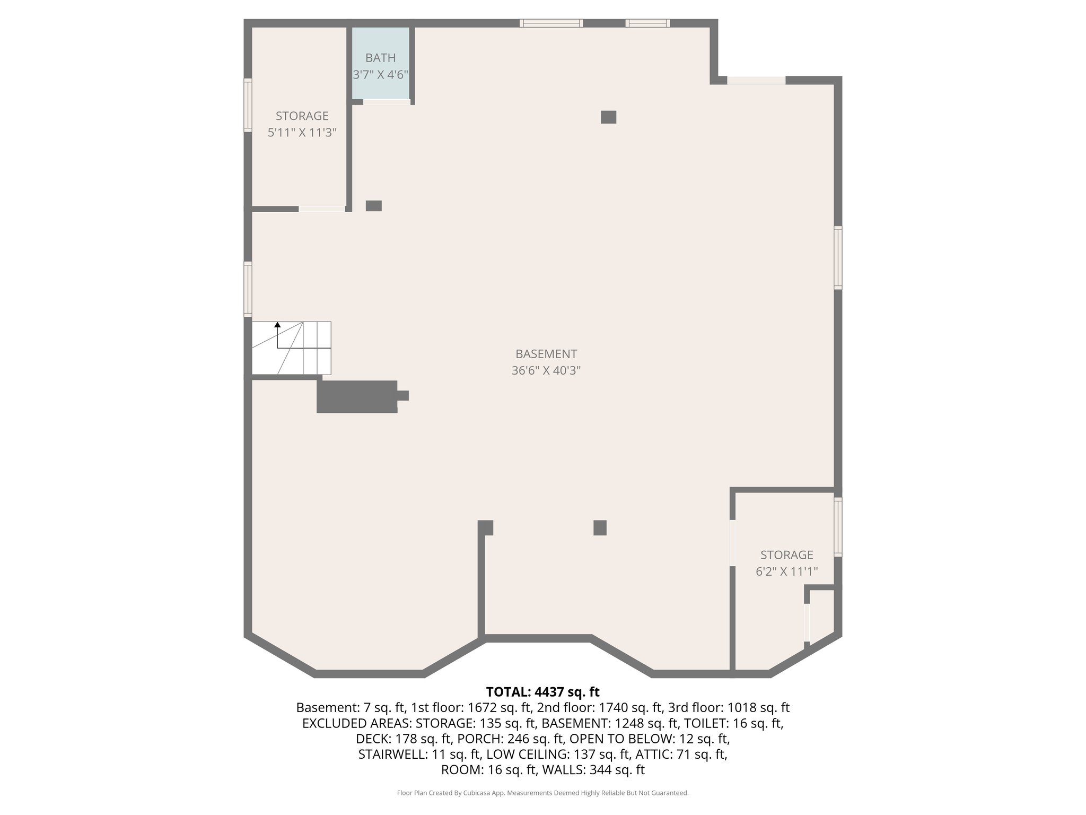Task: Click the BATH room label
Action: pyautogui.click(x=380, y=58)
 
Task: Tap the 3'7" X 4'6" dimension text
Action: pyautogui.click(x=380, y=75)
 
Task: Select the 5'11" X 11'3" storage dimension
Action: pyautogui.click(x=302, y=133)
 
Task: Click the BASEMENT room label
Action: pyautogui.click(x=546, y=354)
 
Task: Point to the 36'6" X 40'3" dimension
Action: pyautogui.click(x=546, y=371)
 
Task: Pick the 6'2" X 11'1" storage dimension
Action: pyautogui.click(x=786, y=571)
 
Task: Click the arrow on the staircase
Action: pyautogui.click(x=277, y=325)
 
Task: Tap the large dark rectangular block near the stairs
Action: pyautogui.click(x=357, y=396)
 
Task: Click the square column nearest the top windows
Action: pyautogui.click(x=608, y=117)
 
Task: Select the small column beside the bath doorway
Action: pyautogui.click(x=373, y=206)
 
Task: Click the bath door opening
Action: pyautogui.click(x=387, y=102)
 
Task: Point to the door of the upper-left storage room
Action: pyautogui.click(x=321, y=209)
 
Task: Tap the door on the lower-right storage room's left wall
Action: pyautogui.click(x=732, y=542)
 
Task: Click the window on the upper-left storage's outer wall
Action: pyautogui.click(x=248, y=105)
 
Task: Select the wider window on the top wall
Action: pyautogui.click(x=551, y=23)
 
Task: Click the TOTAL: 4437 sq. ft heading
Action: pyautogui.click(x=542, y=692)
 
